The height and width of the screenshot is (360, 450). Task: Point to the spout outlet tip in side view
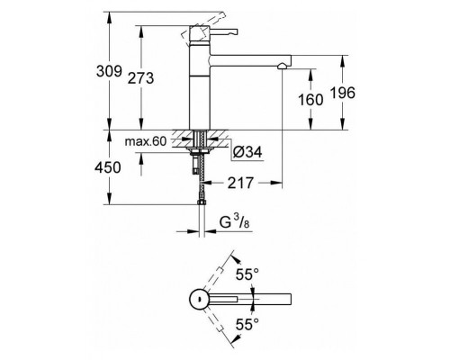click(x=282, y=65)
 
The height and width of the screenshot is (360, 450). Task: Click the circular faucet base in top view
click(x=197, y=298)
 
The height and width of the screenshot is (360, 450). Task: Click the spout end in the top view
click(x=286, y=298)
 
